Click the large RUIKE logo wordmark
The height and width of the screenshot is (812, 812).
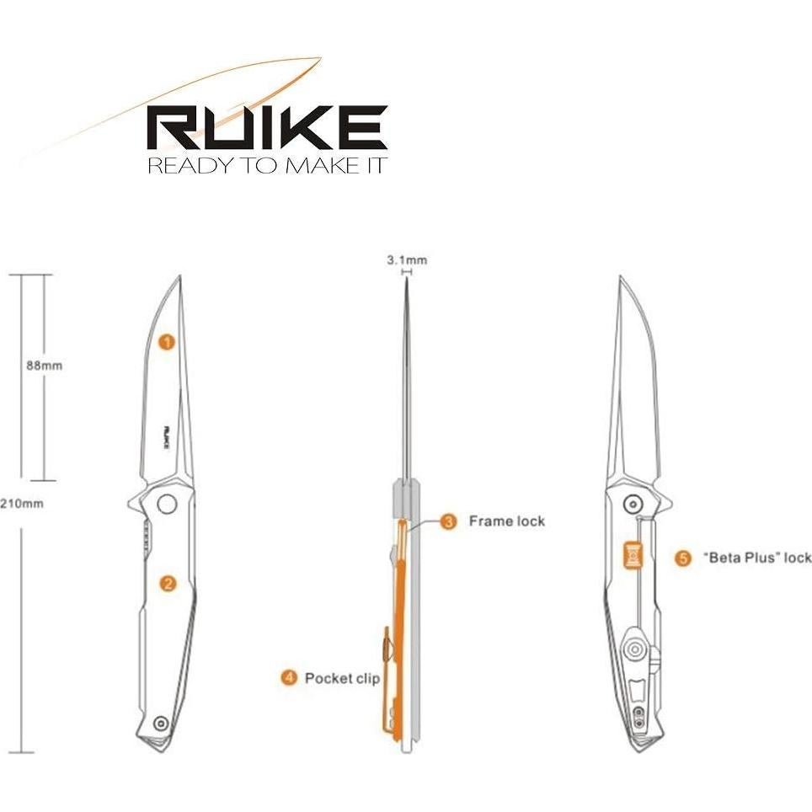(x=267, y=128)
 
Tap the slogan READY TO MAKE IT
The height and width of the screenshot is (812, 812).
(x=267, y=164)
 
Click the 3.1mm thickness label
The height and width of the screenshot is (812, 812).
(x=407, y=260)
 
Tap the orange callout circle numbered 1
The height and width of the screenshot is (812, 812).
(x=168, y=341)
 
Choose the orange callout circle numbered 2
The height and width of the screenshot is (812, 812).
(x=168, y=583)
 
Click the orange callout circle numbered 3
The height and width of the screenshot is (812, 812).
(x=449, y=521)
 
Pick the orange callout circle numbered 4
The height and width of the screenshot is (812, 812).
(x=289, y=677)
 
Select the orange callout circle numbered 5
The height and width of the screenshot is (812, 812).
(x=684, y=558)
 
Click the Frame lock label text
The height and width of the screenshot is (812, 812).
(x=507, y=521)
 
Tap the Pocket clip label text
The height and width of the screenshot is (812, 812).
(x=342, y=678)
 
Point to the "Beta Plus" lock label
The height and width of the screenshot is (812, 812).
(x=756, y=558)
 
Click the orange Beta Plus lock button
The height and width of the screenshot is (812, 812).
(x=632, y=555)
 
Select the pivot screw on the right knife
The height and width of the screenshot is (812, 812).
(x=632, y=504)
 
